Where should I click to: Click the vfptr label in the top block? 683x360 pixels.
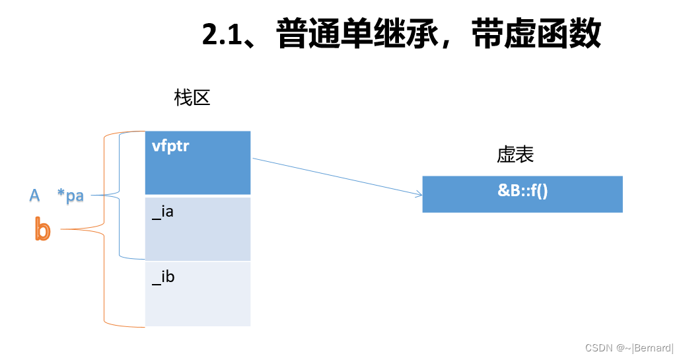coord(170,146)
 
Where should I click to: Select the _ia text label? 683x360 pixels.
coord(162,212)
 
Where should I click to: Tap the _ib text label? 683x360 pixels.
coord(163,276)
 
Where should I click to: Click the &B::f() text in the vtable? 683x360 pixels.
coord(522,192)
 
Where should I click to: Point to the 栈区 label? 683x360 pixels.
coord(192,98)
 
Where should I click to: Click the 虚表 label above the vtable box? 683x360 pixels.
coord(515,155)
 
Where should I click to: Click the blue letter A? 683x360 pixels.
coord(35,195)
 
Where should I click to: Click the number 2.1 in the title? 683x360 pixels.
coord(221,35)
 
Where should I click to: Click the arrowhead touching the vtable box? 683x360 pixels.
coord(419,194)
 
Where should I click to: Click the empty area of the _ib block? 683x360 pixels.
coord(198,304)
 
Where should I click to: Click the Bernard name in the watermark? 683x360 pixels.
coord(652,347)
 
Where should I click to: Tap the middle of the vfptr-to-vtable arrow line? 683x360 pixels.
coord(337,176)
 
